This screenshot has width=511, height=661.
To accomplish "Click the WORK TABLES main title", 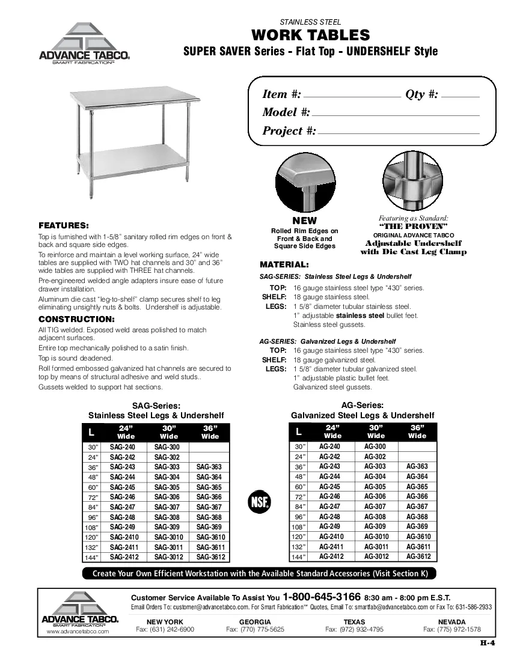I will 310,35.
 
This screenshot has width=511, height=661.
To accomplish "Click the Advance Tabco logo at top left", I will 84,43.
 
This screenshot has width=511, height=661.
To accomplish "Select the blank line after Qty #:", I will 460,97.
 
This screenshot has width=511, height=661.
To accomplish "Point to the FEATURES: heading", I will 64,225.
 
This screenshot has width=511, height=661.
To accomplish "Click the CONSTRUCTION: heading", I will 76,318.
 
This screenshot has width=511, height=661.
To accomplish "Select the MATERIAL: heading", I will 284,264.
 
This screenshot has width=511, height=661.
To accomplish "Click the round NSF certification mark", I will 260,501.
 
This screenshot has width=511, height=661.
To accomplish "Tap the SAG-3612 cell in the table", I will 210,557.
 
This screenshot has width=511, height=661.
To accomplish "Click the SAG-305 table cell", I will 167,487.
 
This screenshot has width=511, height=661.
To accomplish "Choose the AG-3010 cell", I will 376,537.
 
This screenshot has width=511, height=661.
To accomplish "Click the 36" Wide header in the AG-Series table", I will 417,431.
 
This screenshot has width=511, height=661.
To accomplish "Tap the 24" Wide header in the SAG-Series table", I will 126,431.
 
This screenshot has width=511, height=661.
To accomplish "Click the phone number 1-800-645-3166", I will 322,597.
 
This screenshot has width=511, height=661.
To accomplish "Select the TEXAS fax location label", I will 354,621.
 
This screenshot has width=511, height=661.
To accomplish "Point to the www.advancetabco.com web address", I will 78,632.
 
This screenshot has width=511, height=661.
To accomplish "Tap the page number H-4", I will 487,644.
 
